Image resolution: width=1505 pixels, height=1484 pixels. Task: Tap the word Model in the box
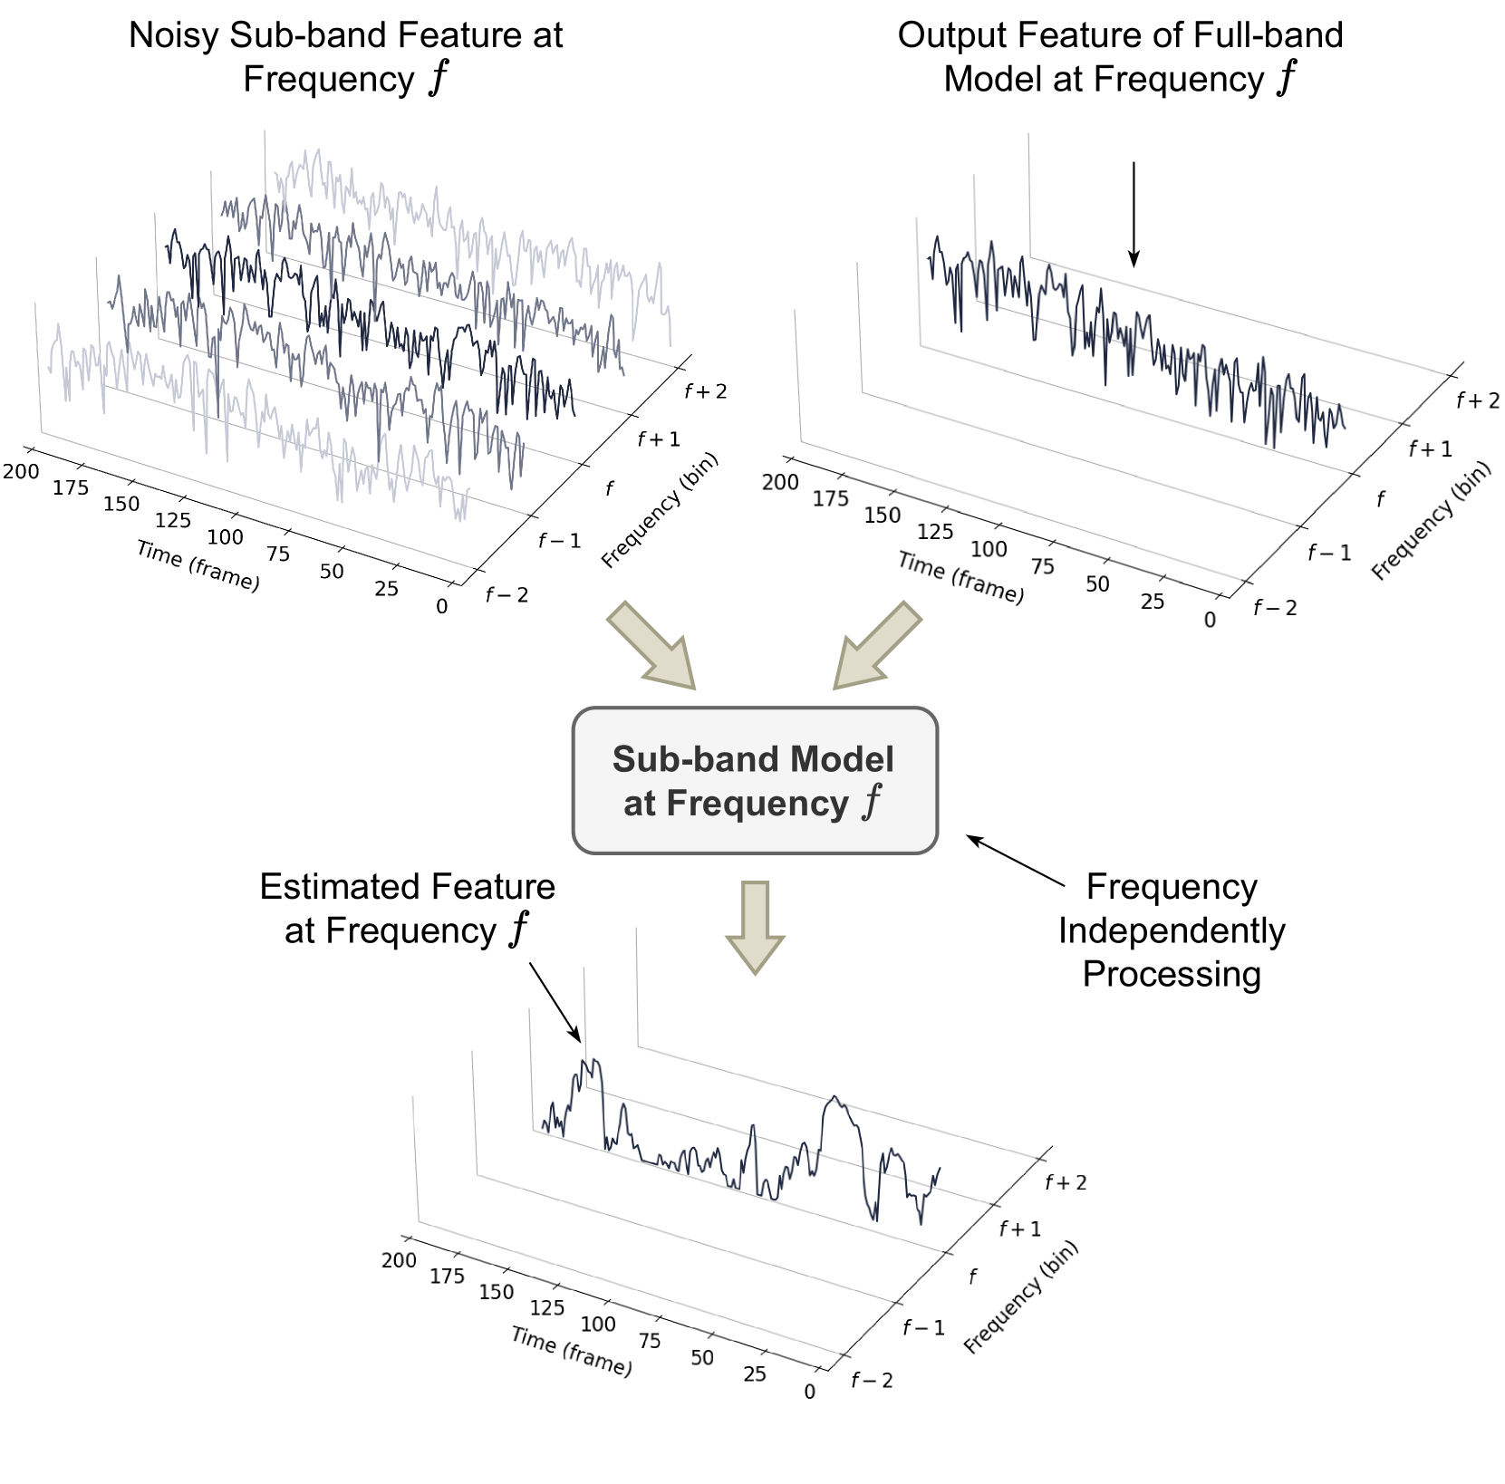click(842, 759)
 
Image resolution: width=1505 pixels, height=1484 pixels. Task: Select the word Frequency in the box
click(757, 804)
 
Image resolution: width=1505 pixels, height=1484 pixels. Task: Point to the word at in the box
click(639, 804)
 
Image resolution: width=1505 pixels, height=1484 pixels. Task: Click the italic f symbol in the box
click(872, 802)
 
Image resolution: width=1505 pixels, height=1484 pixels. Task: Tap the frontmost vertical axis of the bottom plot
click(415, 1160)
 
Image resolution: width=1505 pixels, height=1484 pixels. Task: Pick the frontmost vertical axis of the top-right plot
click(798, 376)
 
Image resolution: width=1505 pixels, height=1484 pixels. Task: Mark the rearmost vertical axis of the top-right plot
click(1029, 195)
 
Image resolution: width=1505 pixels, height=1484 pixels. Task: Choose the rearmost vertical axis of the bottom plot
click(637, 988)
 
